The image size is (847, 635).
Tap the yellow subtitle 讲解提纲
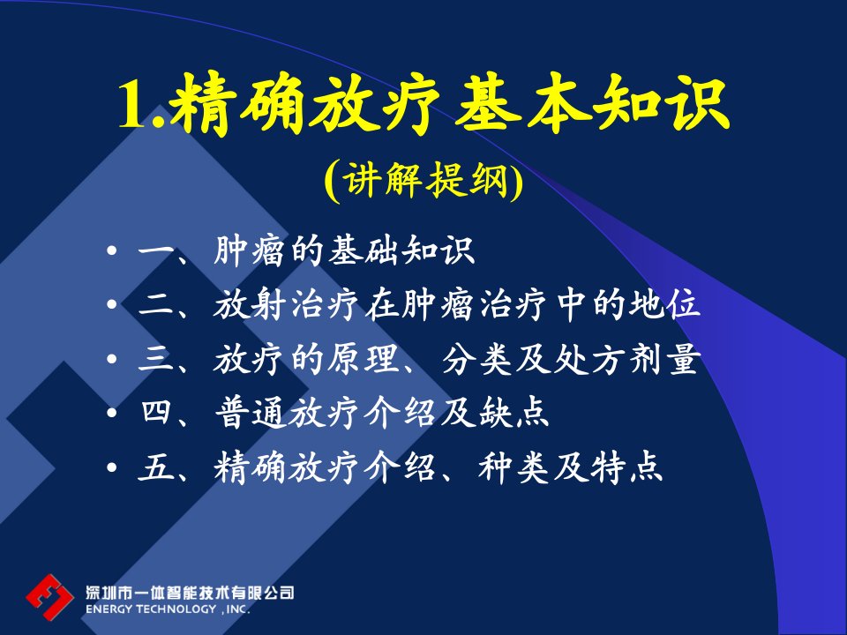(x=424, y=180)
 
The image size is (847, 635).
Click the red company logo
(x=49, y=597)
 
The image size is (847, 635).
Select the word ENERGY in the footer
(x=109, y=609)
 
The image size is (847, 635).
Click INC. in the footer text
(x=237, y=609)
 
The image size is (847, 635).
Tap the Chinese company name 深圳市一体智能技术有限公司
(x=190, y=593)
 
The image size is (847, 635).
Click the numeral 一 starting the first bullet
(x=156, y=251)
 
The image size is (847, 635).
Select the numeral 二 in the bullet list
(x=156, y=305)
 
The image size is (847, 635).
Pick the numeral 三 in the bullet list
(x=156, y=359)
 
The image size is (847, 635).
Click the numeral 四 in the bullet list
(x=157, y=413)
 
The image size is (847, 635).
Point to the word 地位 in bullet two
(x=664, y=304)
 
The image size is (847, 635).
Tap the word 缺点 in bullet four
(x=514, y=413)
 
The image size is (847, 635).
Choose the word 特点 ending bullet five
(x=626, y=467)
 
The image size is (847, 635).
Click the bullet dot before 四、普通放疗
(x=112, y=413)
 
